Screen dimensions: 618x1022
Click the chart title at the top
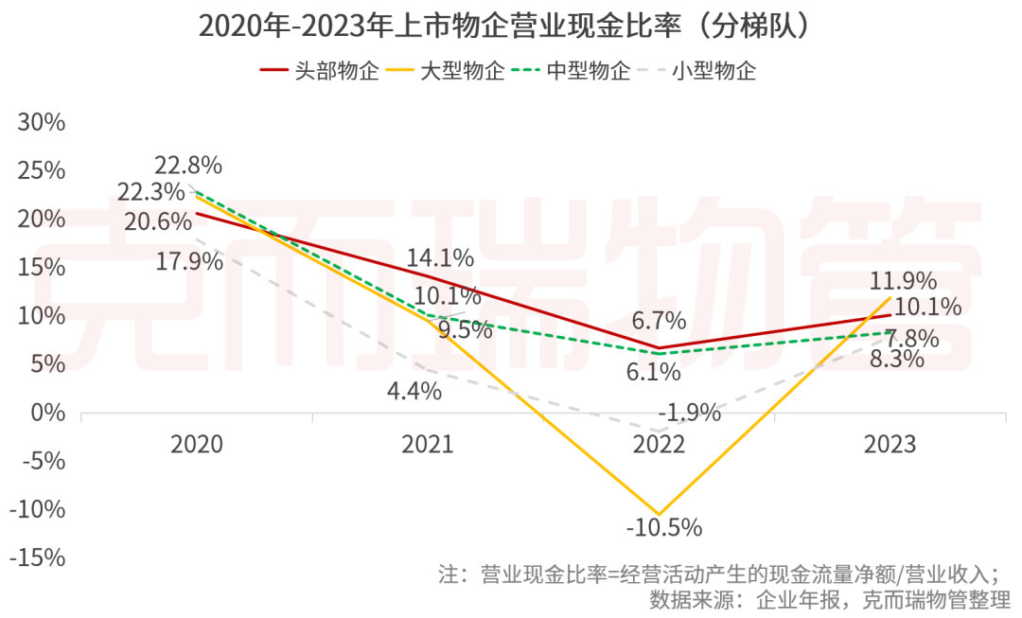[504, 25]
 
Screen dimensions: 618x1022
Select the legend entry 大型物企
[447, 71]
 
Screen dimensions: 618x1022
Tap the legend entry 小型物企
[696, 71]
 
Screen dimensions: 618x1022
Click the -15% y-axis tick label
[38, 557]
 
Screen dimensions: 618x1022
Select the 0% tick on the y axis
[49, 413]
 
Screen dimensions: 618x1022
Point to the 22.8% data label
[190, 165]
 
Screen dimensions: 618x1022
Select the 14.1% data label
[441, 256]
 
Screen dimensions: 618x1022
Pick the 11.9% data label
[905, 280]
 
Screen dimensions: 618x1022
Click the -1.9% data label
[690, 413]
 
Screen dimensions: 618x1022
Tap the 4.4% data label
[414, 390]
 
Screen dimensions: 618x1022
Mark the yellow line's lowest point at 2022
[660, 514]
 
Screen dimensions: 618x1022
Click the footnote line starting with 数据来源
[829, 599]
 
